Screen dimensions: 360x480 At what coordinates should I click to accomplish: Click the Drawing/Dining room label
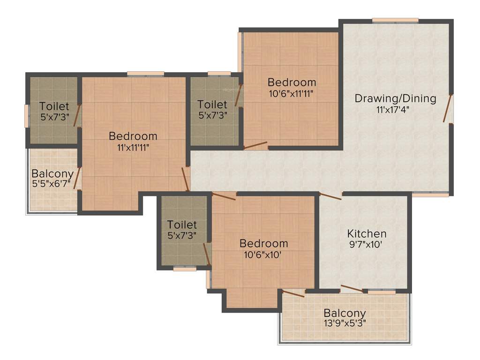[x=395, y=98]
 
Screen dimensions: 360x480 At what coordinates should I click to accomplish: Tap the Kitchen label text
[x=367, y=233]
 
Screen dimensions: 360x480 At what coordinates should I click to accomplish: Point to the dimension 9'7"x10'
[x=367, y=244]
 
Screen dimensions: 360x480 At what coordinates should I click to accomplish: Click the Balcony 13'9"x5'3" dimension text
[x=345, y=323]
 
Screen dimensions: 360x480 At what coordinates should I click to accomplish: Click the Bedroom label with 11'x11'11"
[x=133, y=136]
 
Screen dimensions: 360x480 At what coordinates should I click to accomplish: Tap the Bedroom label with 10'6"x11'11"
[x=292, y=82]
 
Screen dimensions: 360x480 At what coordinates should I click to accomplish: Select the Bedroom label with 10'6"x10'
[x=263, y=244]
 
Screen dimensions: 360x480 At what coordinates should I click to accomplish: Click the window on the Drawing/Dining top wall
[x=395, y=20]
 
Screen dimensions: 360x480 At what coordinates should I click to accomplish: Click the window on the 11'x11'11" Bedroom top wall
[x=145, y=74]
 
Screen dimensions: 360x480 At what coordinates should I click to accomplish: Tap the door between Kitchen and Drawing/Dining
[x=330, y=196]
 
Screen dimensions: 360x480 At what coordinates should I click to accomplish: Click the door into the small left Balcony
[x=77, y=178]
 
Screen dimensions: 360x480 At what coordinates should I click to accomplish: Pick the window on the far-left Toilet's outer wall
[x=27, y=115]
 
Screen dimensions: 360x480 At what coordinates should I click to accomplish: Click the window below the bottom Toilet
[x=185, y=269]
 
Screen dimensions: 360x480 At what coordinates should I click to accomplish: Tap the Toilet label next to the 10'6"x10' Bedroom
[x=182, y=225]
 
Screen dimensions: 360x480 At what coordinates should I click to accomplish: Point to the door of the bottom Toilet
[x=207, y=255]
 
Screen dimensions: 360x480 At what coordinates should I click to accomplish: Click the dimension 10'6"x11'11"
[x=292, y=93]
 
